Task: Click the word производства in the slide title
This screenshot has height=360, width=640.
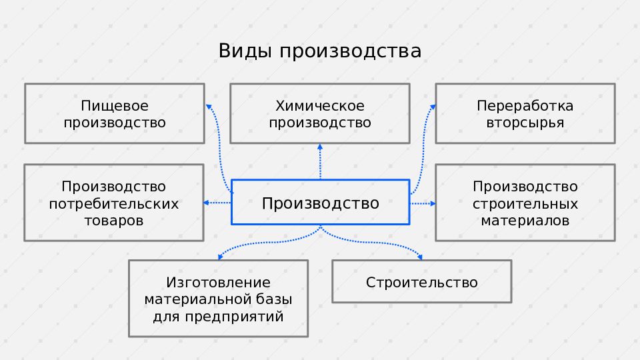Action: [x=350, y=52]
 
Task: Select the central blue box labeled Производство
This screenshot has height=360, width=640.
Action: [x=320, y=203]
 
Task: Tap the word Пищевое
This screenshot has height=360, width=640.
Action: [x=115, y=106]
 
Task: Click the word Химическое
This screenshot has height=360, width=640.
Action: [x=320, y=106]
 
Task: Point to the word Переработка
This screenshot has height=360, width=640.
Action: [x=525, y=106]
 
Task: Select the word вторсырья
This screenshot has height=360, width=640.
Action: [x=525, y=123]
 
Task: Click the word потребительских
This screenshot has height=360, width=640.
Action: [x=114, y=203]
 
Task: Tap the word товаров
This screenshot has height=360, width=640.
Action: [x=114, y=221]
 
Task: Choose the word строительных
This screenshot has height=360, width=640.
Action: [x=525, y=203]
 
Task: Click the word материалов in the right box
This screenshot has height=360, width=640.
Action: [x=525, y=221]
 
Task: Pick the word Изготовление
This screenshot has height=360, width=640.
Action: [x=218, y=283]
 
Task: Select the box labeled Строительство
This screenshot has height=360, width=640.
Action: [x=422, y=282]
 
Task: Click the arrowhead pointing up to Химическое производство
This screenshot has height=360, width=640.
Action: [x=320, y=147]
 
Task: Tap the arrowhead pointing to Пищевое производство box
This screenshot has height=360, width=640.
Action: [x=209, y=107]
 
